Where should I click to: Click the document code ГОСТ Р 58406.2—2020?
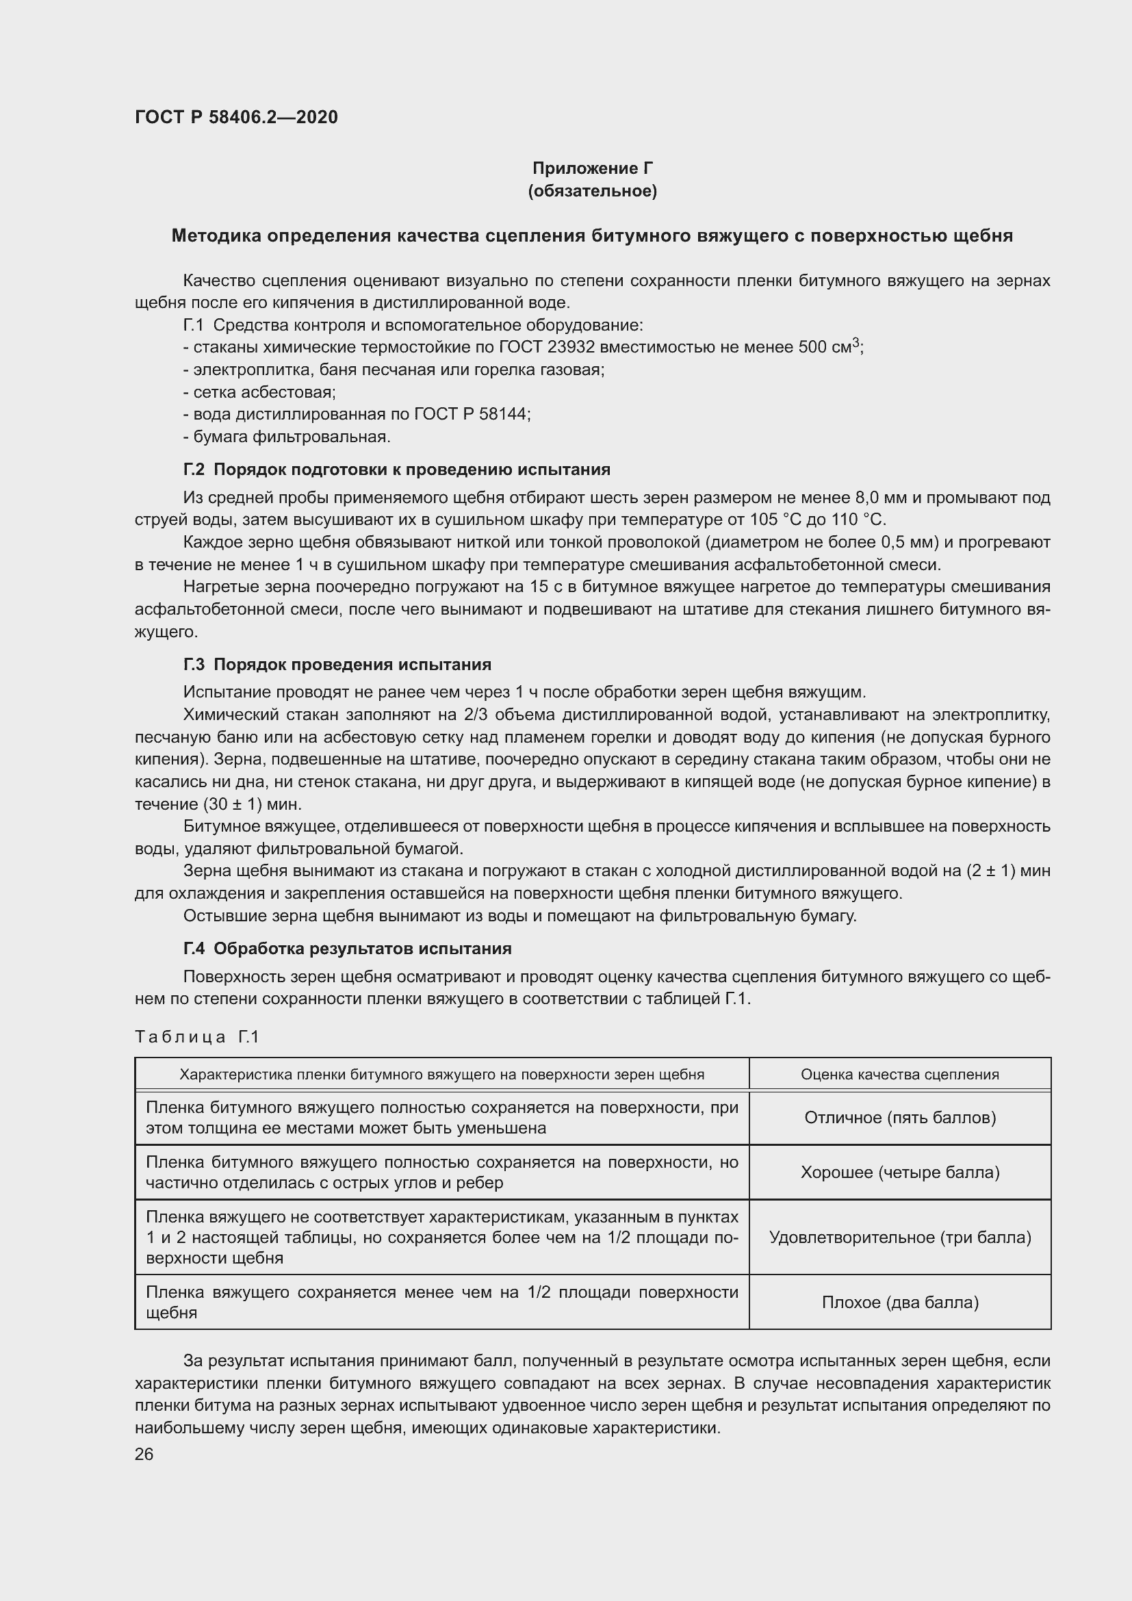pos(236,117)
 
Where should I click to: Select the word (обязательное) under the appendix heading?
pos(593,191)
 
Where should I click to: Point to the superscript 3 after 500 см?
pos(856,342)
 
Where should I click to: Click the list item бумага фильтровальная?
pos(287,437)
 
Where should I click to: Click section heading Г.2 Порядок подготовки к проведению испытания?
pos(397,470)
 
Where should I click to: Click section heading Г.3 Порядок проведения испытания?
pos(337,665)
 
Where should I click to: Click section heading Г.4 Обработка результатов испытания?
pos(347,948)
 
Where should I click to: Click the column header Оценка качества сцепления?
pos(899,1075)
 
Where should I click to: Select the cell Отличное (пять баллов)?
pos(899,1118)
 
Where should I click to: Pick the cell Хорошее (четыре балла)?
pos(899,1172)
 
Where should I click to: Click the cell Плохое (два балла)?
pos(899,1302)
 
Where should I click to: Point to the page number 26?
pos(144,1455)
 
